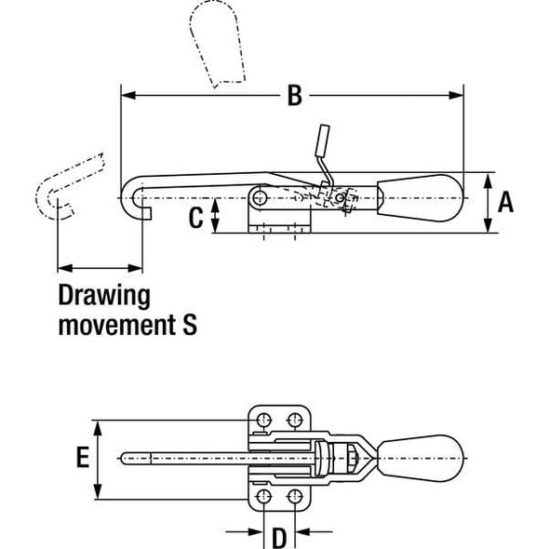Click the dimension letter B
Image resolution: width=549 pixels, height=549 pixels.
pyautogui.click(x=293, y=94)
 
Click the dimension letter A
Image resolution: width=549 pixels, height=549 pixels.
pyautogui.click(x=505, y=202)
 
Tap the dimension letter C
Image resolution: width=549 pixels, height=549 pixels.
pyautogui.click(x=195, y=218)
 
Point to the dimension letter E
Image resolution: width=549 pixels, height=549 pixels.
pyautogui.click(x=83, y=457)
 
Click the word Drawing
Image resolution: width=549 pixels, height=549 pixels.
pyautogui.click(x=104, y=297)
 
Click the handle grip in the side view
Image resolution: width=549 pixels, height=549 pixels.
pyautogui.click(x=423, y=196)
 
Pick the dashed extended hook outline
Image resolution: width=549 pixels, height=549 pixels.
pyautogui.click(x=65, y=181)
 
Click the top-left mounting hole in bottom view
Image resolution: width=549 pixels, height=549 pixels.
pyautogui.click(x=264, y=416)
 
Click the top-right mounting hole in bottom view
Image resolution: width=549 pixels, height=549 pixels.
pyautogui.click(x=295, y=416)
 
